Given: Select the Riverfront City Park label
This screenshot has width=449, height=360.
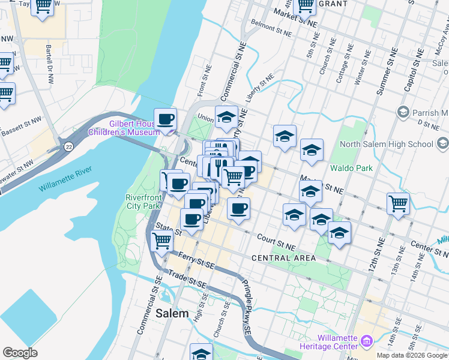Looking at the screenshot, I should (x=143, y=202).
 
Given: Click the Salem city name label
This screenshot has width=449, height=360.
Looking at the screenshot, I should (x=172, y=313).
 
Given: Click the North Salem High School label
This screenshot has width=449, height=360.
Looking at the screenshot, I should (x=386, y=144).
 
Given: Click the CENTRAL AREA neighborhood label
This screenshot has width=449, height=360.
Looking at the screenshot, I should (x=283, y=258).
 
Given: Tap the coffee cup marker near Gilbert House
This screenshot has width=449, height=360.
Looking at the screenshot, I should (x=166, y=118).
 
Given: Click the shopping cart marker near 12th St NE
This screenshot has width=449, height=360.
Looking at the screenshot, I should (x=398, y=203).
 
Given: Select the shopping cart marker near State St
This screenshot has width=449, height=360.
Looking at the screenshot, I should (x=161, y=241).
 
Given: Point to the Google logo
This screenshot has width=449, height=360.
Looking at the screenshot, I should (x=20, y=353).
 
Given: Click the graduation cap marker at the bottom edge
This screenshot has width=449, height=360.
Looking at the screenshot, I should (x=202, y=353).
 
